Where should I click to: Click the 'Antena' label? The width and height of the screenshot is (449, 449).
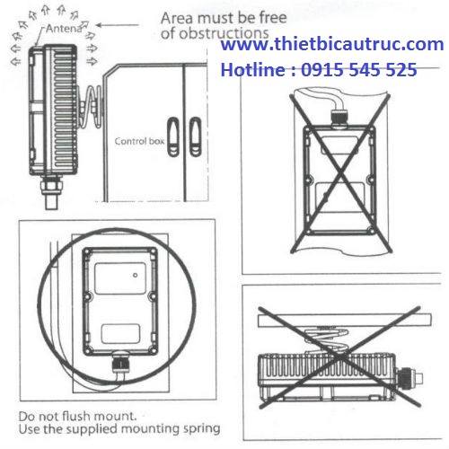[x=64, y=29]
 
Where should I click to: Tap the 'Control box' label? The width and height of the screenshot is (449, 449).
[x=139, y=141]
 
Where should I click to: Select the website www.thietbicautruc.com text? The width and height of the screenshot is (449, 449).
[x=332, y=44]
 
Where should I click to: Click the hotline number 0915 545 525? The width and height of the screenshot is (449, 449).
[x=358, y=70]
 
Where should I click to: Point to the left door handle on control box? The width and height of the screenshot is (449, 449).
[x=173, y=136]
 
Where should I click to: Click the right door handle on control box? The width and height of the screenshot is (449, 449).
[x=196, y=136]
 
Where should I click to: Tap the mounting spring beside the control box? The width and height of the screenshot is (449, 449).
[x=92, y=106]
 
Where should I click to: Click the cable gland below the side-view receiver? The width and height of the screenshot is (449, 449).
[x=51, y=191]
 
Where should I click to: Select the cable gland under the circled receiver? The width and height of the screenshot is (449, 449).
[x=120, y=363]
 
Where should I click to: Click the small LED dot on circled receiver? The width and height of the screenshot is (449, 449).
[x=136, y=275]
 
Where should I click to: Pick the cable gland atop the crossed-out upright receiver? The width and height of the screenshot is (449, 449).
[x=339, y=119]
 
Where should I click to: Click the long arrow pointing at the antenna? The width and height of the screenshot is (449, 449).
[x=118, y=25]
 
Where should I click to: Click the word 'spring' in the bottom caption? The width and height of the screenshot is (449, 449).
[x=201, y=429]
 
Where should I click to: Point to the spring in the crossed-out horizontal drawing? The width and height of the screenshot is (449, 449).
[x=326, y=339]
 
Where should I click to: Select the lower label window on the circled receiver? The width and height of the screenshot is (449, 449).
[x=120, y=333]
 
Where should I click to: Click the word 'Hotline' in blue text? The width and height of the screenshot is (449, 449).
[x=253, y=70]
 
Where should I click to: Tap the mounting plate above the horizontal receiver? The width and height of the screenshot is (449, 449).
[x=345, y=320]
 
